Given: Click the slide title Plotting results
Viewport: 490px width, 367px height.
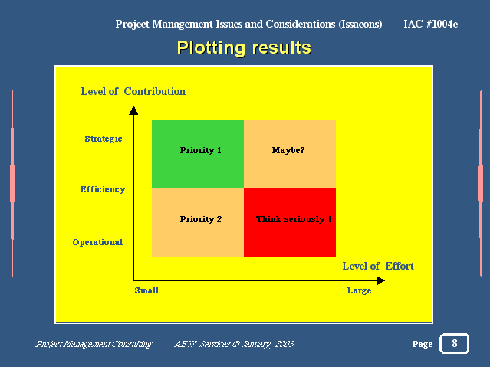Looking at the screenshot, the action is pos(244,48).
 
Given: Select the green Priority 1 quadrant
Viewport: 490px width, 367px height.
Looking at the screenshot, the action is pos(198,154).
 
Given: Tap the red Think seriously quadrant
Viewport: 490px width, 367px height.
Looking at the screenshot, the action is pos(290,223).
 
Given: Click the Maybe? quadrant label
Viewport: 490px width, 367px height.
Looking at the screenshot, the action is pos(288,150).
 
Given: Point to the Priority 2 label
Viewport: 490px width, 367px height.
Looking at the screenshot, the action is pos(201,219).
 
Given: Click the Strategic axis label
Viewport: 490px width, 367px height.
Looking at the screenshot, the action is pos(104,139).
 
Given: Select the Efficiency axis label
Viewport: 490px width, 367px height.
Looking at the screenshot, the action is pos(103,189).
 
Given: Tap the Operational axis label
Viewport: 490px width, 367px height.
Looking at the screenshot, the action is pos(97,242).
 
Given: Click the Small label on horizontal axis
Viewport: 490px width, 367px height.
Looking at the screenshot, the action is pos(146,290).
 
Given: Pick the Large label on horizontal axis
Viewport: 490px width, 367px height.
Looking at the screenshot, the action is pos(359,290).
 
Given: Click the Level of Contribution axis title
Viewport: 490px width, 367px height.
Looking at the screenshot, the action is pos(133,91).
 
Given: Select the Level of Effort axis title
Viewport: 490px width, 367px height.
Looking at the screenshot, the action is pos(378,266).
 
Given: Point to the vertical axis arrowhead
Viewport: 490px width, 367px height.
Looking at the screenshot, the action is pos(133,110).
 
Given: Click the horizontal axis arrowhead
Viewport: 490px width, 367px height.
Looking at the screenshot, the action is pos(380,280).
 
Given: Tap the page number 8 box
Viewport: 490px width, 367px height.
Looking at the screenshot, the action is pos(455,343).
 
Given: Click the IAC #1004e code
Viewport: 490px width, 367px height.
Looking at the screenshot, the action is pos(431,24).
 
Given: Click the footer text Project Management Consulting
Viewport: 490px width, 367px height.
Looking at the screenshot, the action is pos(94,344).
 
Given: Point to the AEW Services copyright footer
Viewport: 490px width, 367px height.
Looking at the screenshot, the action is pos(235,344).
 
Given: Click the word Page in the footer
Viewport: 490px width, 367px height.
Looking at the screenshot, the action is pos(423,344).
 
